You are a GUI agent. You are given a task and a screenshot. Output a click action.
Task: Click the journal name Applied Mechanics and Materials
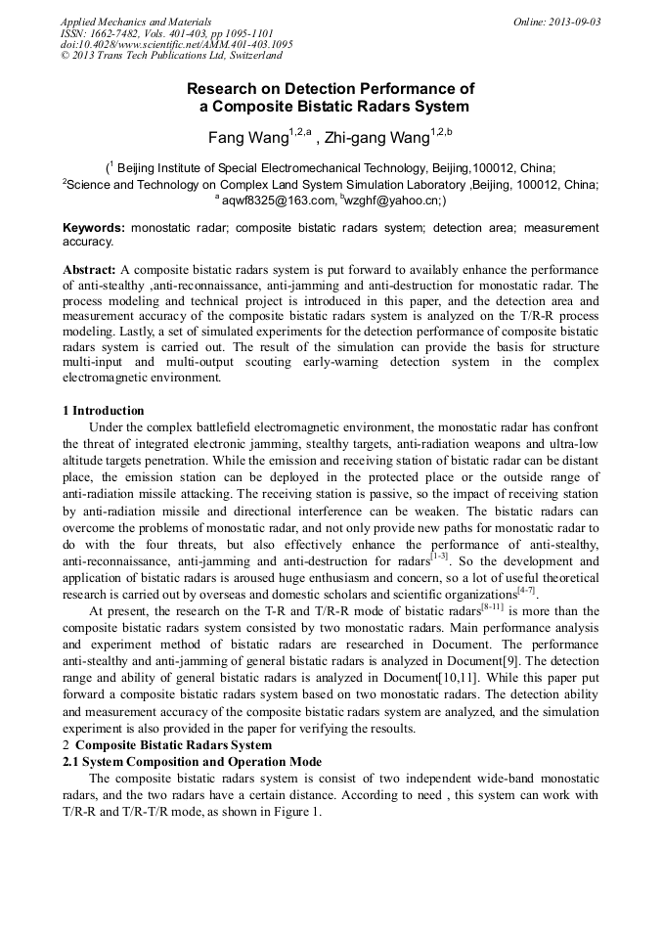click(x=136, y=22)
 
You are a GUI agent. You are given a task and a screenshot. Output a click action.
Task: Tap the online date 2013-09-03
click(x=556, y=22)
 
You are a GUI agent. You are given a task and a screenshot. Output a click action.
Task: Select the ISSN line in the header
click(x=149, y=32)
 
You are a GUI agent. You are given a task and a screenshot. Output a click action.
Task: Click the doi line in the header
click(x=177, y=44)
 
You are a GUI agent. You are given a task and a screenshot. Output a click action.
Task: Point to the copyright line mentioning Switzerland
click(x=171, y=56)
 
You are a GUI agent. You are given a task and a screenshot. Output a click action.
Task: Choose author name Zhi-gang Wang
click(x=377, y=137)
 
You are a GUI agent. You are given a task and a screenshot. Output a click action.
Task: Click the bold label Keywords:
click(x=94, y=228)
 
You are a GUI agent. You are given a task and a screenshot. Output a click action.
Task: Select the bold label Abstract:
click(x=90, y=269)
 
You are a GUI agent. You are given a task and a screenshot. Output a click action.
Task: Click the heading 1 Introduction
click(x=103, y=411)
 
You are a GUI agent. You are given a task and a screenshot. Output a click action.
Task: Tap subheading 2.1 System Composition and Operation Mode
click(x=192, y=761)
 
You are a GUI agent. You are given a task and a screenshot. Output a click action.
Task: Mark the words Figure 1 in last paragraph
click(x=294, y=812)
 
